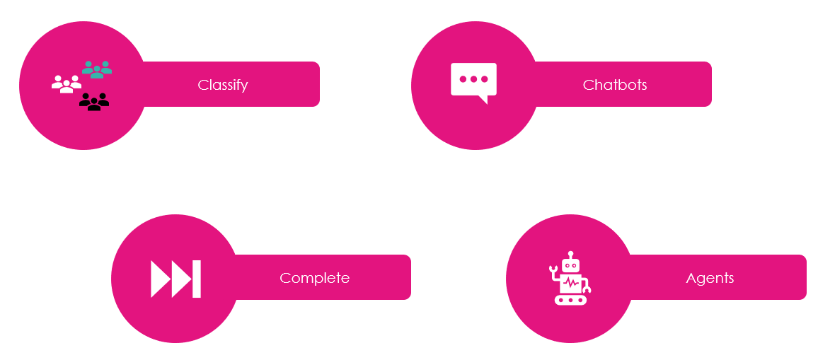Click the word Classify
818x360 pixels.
[x=223, y=86]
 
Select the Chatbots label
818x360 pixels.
[x=615, y=86]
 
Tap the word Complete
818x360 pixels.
[x=314, y=278]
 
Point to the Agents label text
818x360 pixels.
[x=710, y=278]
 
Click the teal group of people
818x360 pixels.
[x=97, y=69]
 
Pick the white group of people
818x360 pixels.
[x=66, y=84]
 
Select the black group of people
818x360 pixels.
[x=94, y=103]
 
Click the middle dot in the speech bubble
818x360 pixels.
[x=473, y=79]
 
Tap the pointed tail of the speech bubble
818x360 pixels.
[x=484, y=100]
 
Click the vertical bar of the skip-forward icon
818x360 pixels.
[x=197, y=279]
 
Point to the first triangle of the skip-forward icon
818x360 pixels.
[x=160, y=279]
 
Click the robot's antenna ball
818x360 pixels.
[x=570, y=253]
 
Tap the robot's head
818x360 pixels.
[x=570, y=265]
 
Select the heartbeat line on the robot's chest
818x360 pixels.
[x=570, y=284]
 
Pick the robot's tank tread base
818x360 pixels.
[x=570, y=300]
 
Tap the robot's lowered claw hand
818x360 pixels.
[x=587, y=288]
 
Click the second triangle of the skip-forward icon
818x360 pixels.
[x=181, y=279]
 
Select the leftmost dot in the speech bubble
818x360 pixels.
[x=463, y=79]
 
